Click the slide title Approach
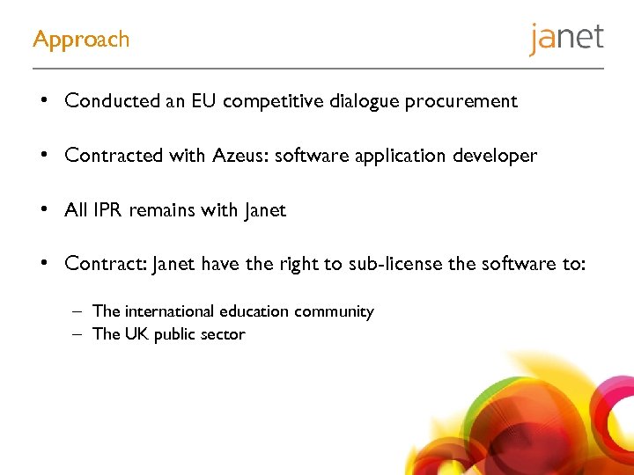pyautogui.click(x=81, y=40)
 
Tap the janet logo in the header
pyautogui.click(x=566, y=39)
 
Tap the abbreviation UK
pyautogui.click(x=137, y=334)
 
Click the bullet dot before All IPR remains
pyautogui.click(x=43, y=210)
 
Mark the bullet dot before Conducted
pyautogui.click(x=43, y=101)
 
